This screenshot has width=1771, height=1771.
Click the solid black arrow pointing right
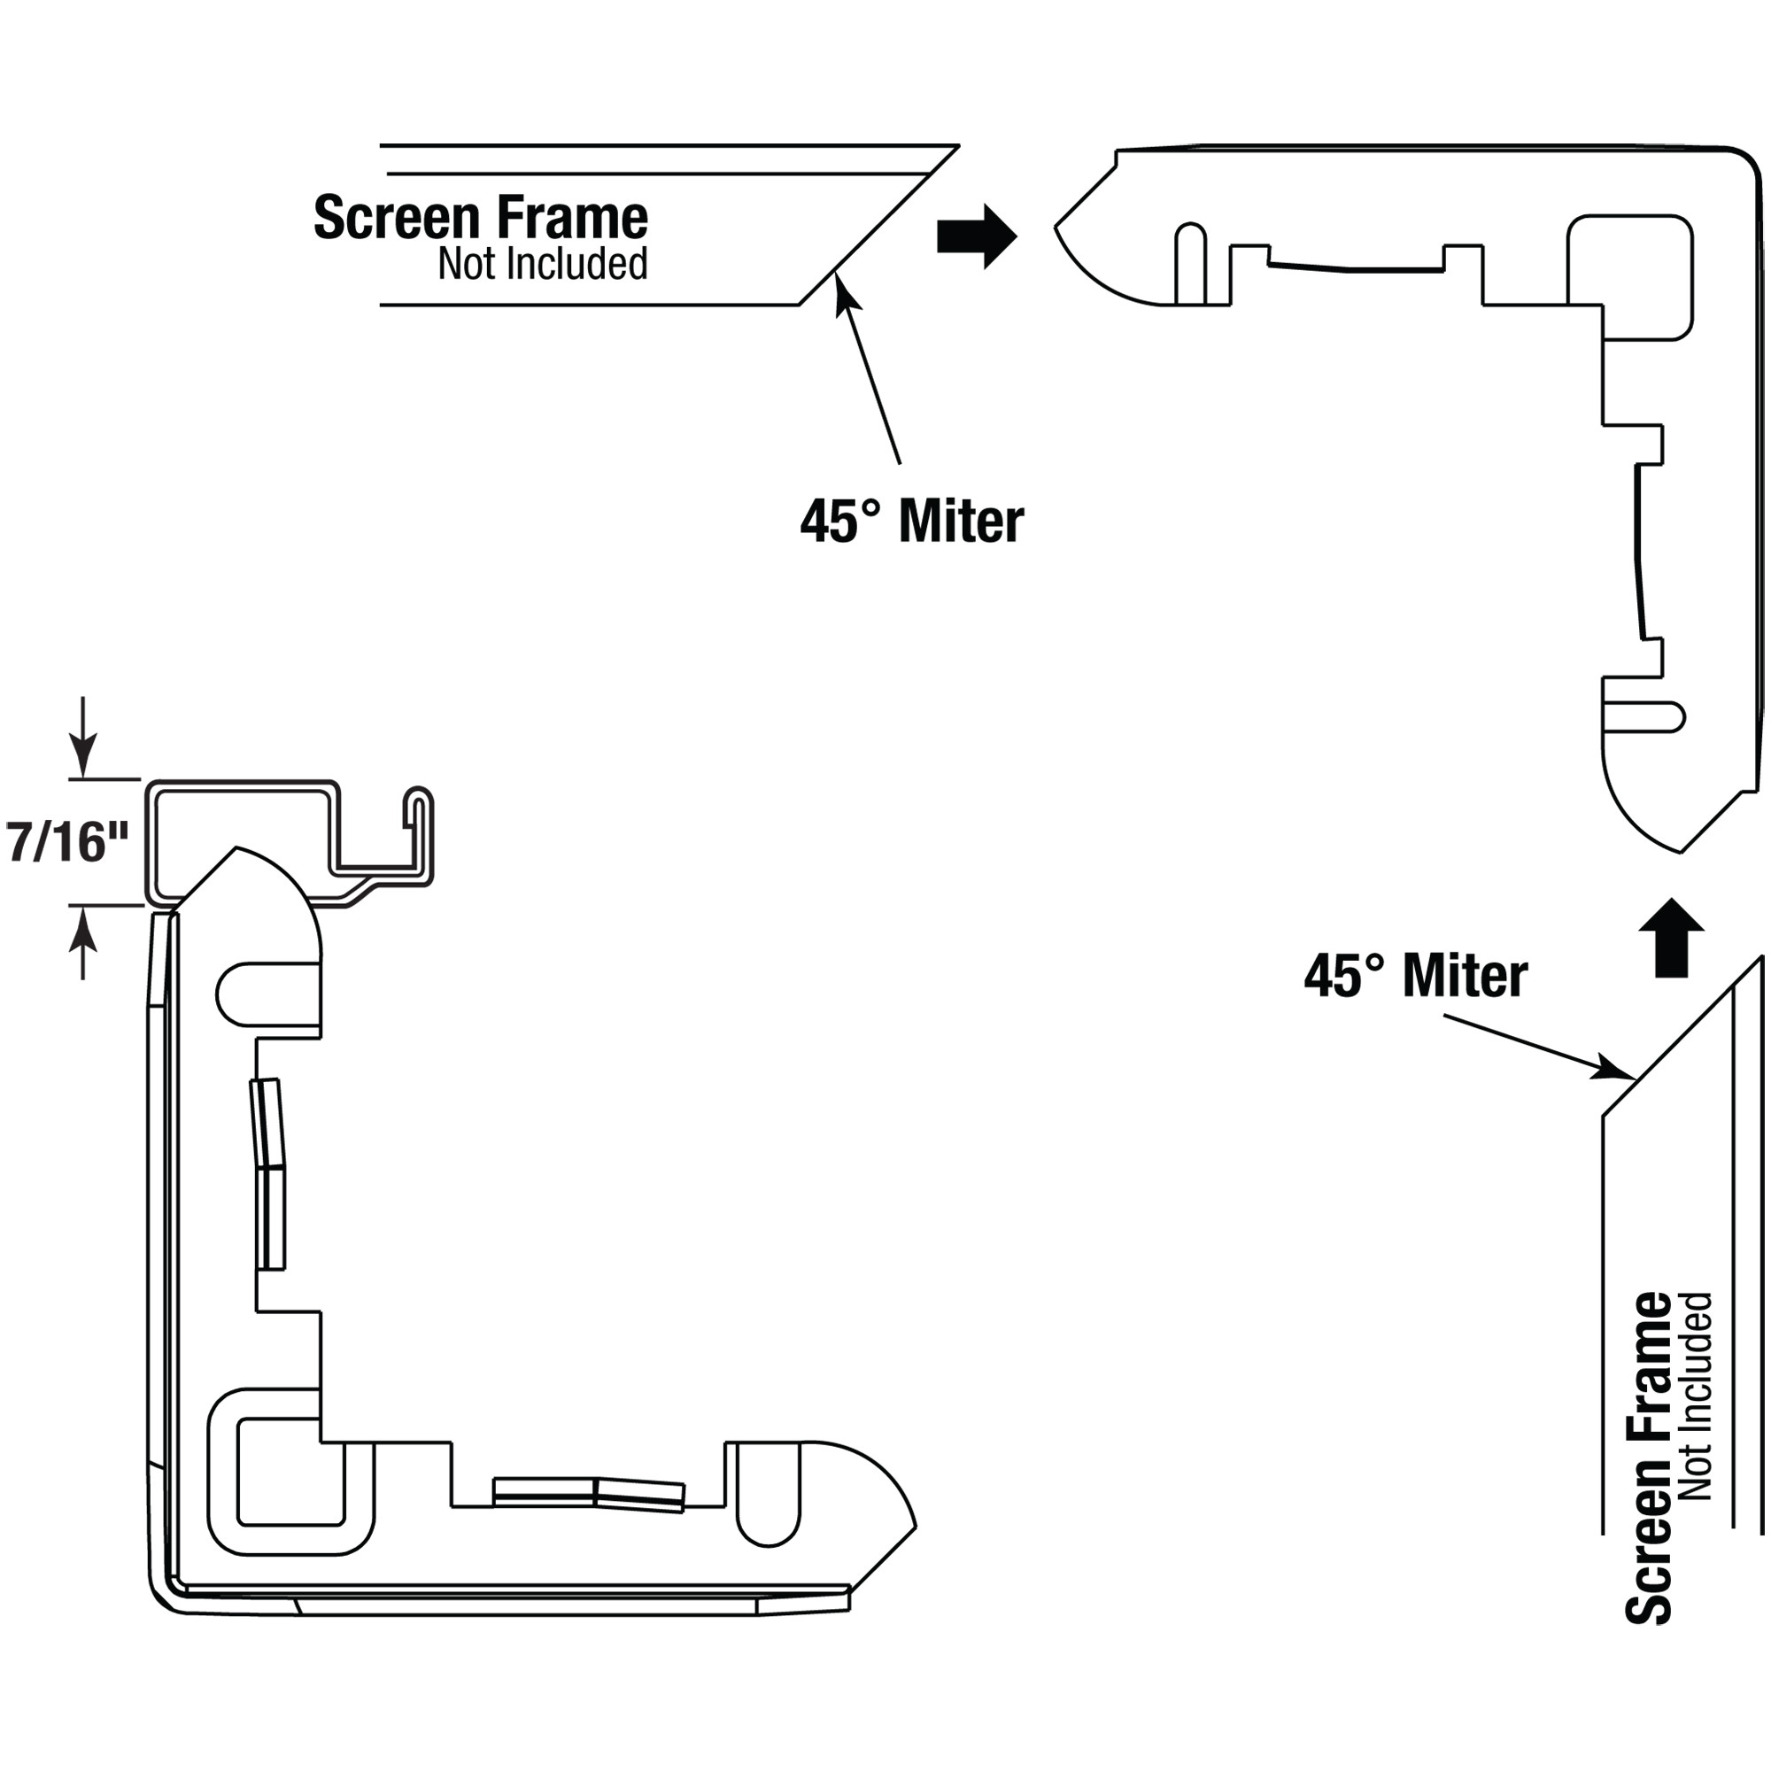[x=976, y=236]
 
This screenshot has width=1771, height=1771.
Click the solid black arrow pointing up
[x=1672, y=937]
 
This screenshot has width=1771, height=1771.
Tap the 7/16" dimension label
[x=68, y=842]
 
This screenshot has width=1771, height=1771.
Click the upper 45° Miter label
[x=912, y=522]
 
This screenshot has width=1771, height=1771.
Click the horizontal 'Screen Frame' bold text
[x=480, y=218]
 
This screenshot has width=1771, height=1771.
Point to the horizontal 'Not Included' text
[x=543, y=264]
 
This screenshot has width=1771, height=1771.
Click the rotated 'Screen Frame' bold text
[x=1649, y=1458]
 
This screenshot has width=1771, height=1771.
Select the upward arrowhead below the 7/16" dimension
[x=83, y=924]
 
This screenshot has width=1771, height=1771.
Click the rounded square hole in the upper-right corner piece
[x=1630, y=277]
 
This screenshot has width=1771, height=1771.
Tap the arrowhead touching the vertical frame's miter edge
[x=1616, y=1068]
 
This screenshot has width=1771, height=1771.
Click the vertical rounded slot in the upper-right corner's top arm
[x=1190, y=263]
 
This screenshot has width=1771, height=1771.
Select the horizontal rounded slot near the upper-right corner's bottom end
[x=1643, y=717]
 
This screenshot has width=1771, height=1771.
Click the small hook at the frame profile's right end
[x=418, y=835]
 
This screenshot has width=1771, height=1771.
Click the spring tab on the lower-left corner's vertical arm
[x=269, y=1175]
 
